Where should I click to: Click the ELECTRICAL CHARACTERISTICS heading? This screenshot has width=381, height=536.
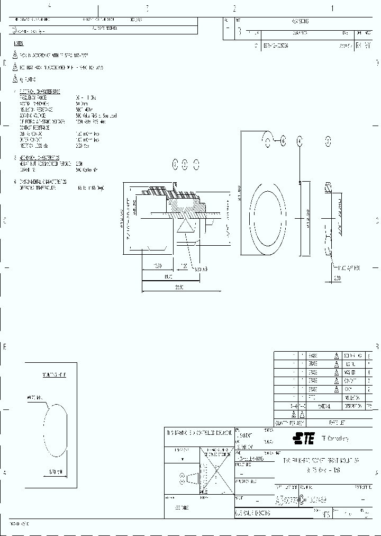39,92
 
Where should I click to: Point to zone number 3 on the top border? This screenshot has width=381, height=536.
147,8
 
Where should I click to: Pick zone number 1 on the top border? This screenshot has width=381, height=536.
332,8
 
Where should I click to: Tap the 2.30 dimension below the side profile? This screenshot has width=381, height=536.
337,278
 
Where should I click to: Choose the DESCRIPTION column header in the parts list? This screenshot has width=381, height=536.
352,406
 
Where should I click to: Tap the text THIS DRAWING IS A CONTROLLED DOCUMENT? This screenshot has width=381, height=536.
199,432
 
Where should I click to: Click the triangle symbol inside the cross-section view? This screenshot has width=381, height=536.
186,225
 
